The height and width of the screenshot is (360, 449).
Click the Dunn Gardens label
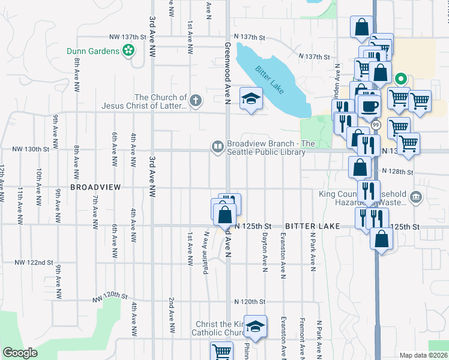93,51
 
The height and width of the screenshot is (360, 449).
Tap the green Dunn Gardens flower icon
128,52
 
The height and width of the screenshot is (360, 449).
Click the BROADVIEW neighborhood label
96,187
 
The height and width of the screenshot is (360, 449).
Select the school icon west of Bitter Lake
251,98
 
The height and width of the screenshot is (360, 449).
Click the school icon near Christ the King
256,326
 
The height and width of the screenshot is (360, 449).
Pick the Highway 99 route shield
376,125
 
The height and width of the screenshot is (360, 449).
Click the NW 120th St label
110,297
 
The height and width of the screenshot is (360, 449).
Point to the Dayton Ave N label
264,252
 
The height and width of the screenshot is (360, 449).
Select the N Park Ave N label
312,252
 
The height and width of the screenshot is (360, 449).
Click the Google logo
20,353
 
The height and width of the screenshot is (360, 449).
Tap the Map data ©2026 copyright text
423,355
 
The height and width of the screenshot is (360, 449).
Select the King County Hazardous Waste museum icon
417,197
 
